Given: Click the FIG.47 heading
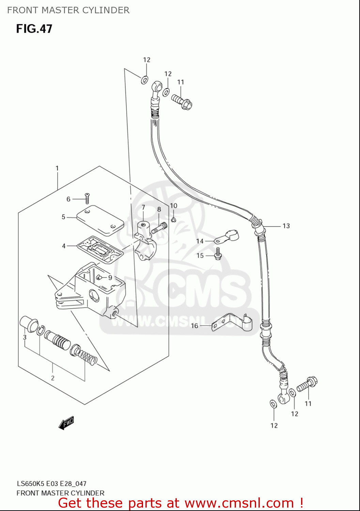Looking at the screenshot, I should point(34,29).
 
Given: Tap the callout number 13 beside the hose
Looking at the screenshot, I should point(286,226).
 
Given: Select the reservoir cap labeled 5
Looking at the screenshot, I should point(100,220).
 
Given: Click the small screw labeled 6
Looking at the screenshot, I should point(87,199).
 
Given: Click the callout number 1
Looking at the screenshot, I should point(57,168).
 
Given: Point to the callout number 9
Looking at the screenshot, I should point(110,278).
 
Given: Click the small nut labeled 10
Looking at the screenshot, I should point(173,219).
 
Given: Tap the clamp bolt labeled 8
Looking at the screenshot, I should point(159,228).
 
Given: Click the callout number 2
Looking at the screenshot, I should point(53,378).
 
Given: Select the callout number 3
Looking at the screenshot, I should point(25,337).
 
